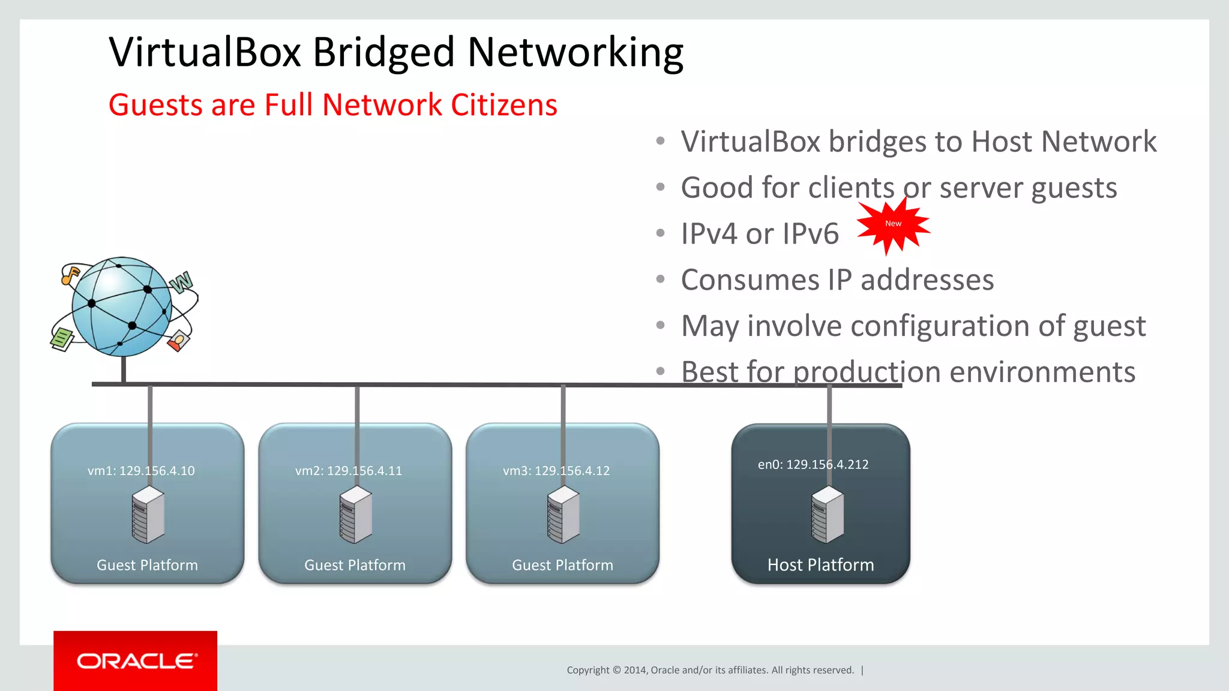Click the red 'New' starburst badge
(x=893, y=224)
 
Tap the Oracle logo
(x=136, y=661)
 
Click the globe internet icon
(x=122, y=307)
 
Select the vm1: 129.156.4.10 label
(x=141, y=471)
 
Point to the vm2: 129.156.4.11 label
(x=349, y=471)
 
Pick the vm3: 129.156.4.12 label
(x=556, y=471)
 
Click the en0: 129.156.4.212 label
(x=813, y=464)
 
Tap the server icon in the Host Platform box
(x=828, y=515)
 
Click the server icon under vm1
(x=148, y=515)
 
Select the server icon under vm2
(x=355, y=515)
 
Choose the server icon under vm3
(x=563, y=515)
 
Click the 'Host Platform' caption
(x=820, y=565)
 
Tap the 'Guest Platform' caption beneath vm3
(x=562, y=565)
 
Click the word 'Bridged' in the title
(x=383, y=53)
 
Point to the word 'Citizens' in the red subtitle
(x=503, y=105)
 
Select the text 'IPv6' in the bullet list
(x=810, y=234)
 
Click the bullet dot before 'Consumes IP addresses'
(x=661, y=279)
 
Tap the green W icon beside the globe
(x=181, y=282)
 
